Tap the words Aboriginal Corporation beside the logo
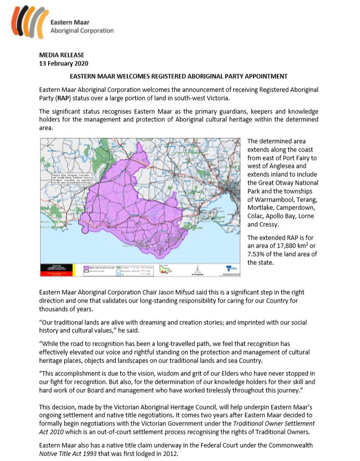coord(82,30)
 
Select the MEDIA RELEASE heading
coord(62,55)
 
